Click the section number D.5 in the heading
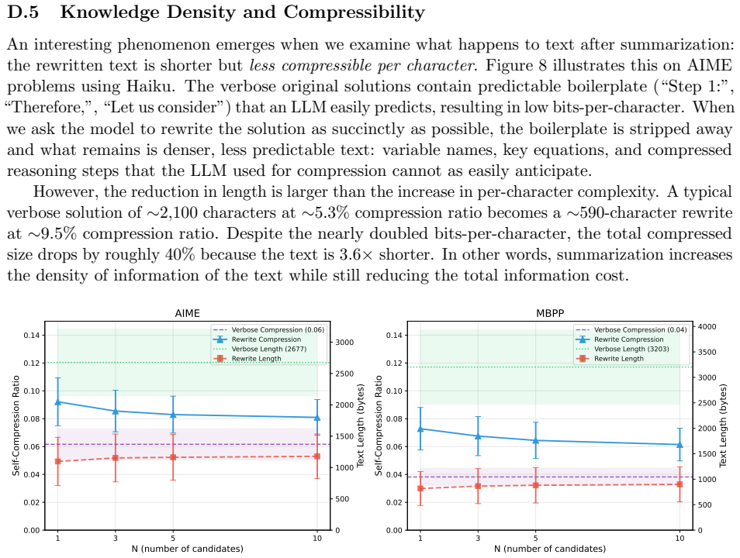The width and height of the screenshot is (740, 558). pos(23,12)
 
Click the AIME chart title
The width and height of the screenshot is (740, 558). pos(188,313)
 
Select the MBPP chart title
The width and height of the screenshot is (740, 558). pos(550,313)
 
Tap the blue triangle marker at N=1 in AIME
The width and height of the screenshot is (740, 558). pos(58,402)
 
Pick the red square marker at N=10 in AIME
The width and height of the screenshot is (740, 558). pos(317,456)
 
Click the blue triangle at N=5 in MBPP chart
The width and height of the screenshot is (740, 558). pos(536,440)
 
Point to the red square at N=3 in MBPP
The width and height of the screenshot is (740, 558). pos(478,486)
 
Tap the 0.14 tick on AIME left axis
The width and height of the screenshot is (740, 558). pos(32,336)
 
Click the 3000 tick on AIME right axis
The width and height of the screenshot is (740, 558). pos(344,343)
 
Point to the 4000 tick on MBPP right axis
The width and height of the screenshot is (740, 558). pos(707,326)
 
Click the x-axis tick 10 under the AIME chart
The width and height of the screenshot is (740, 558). pos(317,538)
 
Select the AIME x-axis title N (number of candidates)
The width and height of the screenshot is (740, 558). pos(188,549)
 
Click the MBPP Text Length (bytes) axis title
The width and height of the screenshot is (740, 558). pos(723,426)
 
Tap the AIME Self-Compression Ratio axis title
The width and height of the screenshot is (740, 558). pos(16,425)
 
